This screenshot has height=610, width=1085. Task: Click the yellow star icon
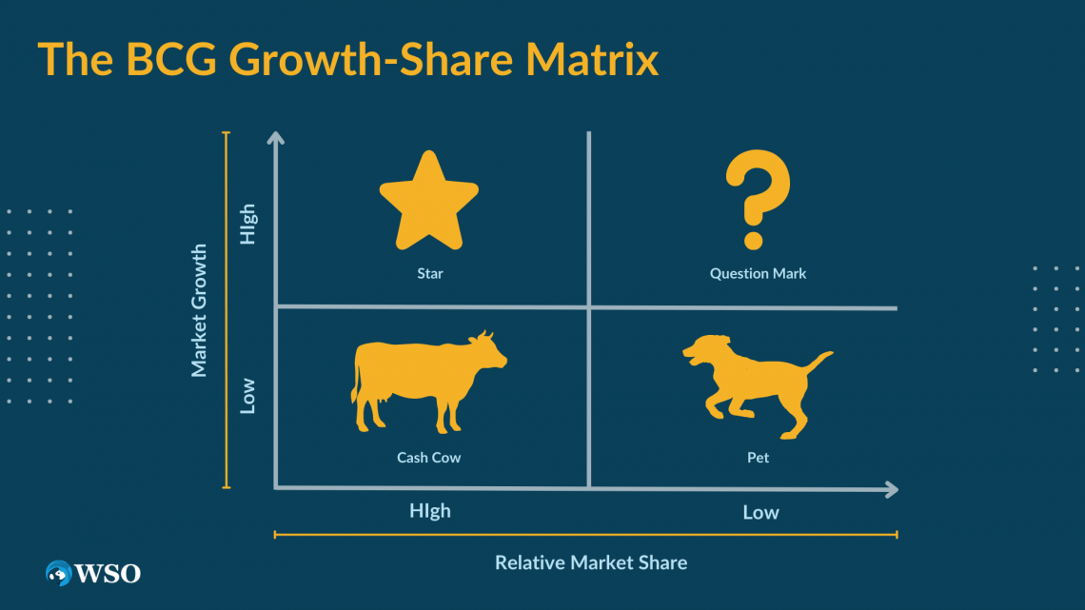coord(429,202)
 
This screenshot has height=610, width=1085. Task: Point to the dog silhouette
coord(758,386)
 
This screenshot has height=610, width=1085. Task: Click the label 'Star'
coord(429,273)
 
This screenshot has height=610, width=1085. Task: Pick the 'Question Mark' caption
coord(758,273)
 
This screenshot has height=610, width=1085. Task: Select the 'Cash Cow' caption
coord(428,457)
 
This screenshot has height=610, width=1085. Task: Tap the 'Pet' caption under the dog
coord(758,457)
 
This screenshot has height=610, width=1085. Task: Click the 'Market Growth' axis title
coord(199,310)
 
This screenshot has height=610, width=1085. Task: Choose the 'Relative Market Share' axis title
coord(591,562)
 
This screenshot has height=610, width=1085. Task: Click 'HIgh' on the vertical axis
coord(247,224)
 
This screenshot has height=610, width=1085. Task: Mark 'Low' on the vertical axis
coord(247,396)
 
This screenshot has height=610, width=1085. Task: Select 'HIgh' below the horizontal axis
coord(429,511)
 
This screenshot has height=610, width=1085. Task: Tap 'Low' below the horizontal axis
coord(760,513)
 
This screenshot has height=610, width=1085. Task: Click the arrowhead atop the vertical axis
coord(276,137)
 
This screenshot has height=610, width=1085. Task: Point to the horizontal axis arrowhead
coord(892,490)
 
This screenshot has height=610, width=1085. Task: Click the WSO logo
coord(92,573)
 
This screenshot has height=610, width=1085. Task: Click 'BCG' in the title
coord(171,59)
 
